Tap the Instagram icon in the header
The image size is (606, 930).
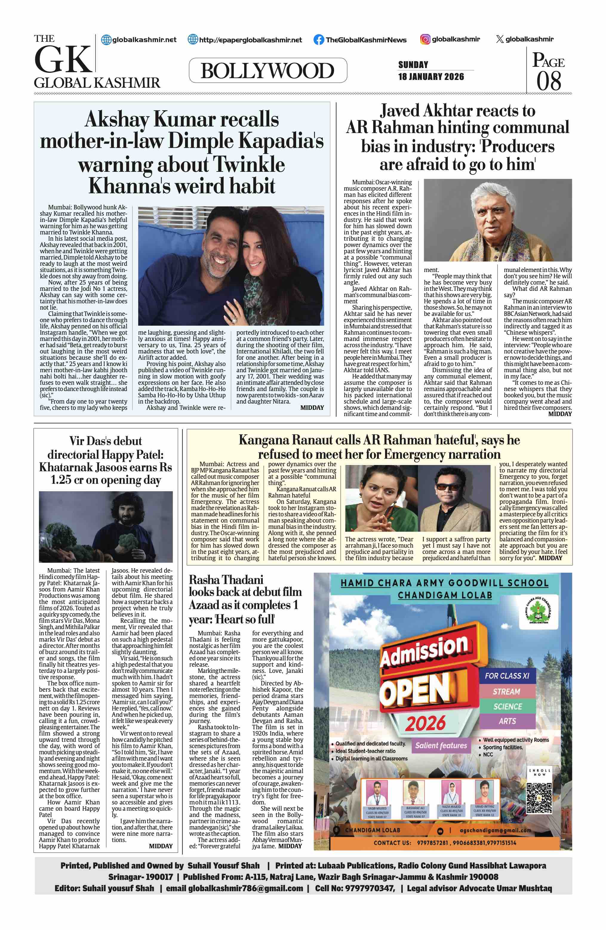coord(425,39)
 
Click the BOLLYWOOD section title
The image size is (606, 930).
coord(267,71)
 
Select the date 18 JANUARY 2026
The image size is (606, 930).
coord(431,77)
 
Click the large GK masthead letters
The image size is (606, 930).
coord(63,59)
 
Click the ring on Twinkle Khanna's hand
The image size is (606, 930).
coord(235,320)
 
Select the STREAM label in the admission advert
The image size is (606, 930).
coord(506,692)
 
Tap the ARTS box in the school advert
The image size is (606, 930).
coord(507,721)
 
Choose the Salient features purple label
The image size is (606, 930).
coord(441,745)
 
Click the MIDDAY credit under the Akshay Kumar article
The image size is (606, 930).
coord(312,407)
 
